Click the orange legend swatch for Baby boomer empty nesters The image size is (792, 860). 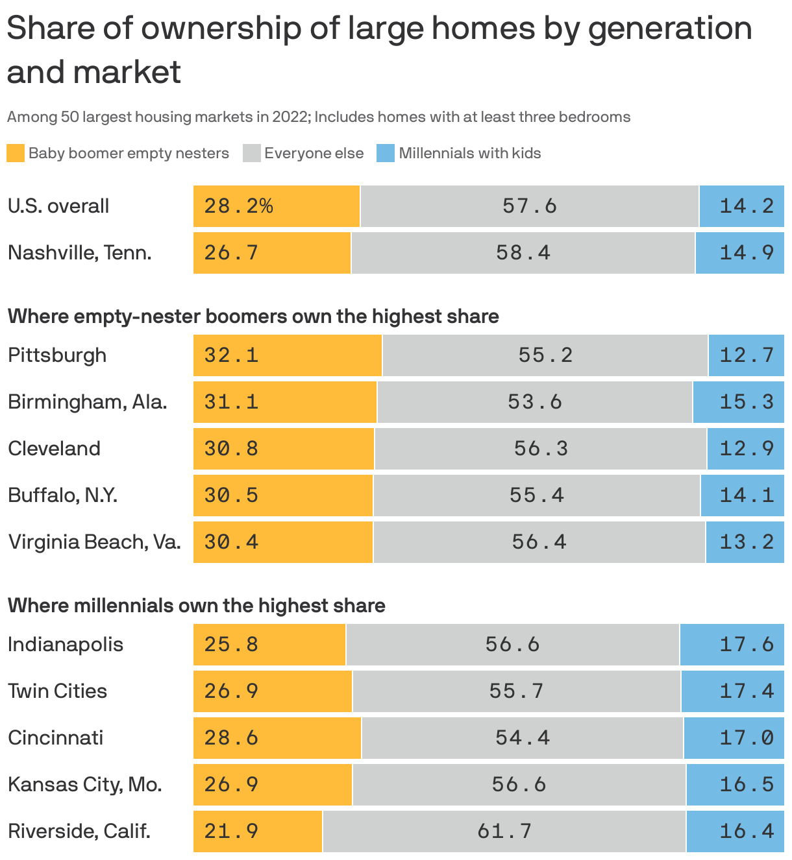click(16, 153)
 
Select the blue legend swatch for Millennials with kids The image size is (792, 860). click(386, 153)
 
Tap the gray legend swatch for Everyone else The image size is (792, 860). click(251, 153)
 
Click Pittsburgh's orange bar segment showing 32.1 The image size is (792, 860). click(287, 355)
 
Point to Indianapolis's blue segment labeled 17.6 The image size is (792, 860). click(732, 645)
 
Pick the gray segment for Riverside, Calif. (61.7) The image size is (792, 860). click(504, 831)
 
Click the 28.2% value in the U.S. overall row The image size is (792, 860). click(238, 206)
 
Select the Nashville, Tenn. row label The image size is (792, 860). click(79, 253)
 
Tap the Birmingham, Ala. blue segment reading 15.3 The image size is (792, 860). click(739, 402)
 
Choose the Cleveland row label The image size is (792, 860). click(54, 449)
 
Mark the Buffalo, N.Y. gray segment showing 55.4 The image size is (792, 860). click(537, 496)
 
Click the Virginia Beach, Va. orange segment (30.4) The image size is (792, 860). click(283, 542)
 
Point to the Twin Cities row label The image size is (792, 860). click(57, 691)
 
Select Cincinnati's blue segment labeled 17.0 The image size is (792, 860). click(734, 738)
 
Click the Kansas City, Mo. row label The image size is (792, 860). click(84, 785)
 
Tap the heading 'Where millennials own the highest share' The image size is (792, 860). click(196, 606)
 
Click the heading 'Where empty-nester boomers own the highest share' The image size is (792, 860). click(253, 317)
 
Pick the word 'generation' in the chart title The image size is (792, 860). click(669, 29)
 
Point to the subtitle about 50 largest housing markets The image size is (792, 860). click(318, 117)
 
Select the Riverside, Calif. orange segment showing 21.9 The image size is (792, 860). click(258, 831)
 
